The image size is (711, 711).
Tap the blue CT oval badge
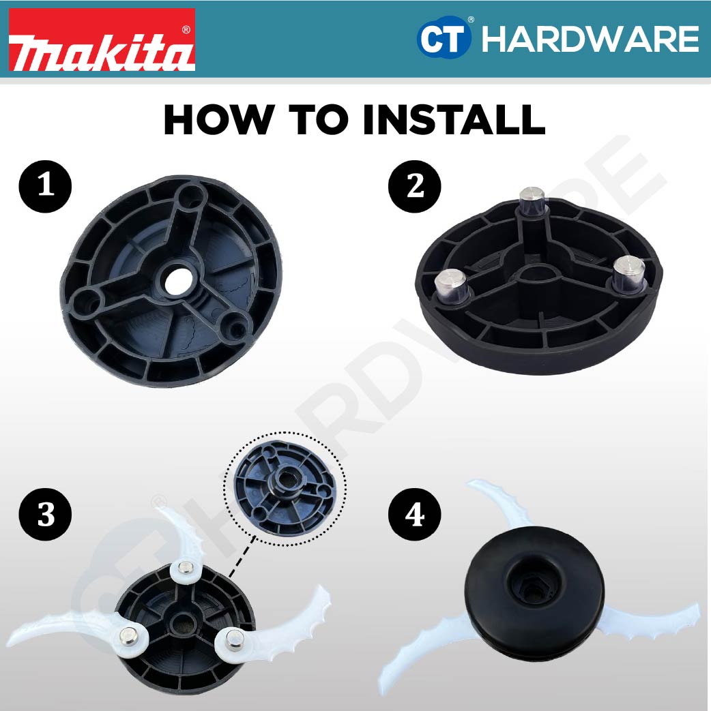point(444,40)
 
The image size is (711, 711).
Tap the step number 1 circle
point(46,185)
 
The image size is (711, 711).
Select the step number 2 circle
point(415,185)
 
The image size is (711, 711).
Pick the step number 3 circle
point(46,515)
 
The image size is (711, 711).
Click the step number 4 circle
point(415,515)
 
